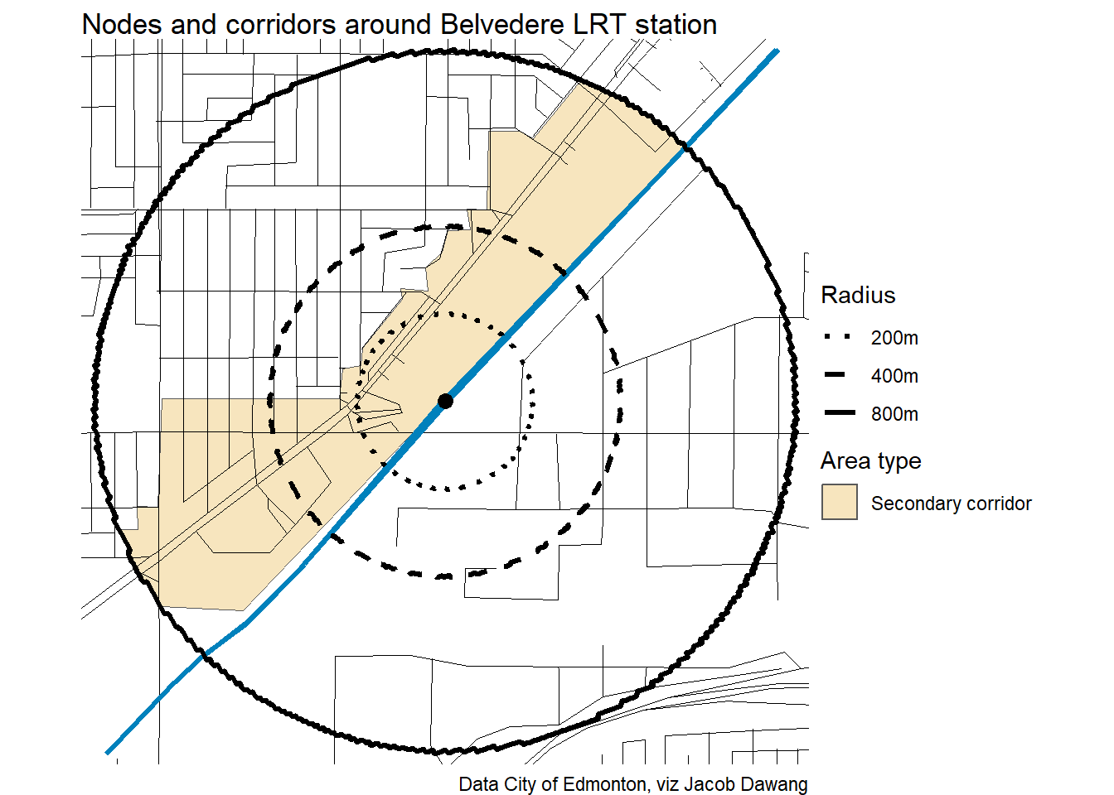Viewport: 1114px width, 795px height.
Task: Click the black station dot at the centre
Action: click(x=445, y=401)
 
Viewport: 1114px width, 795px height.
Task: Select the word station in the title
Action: click(x=676, y=25)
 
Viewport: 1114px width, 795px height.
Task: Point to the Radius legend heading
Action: click(x=858, y=296)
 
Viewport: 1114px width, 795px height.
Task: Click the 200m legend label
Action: click(x=894, y=338)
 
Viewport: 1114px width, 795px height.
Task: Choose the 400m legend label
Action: click(x=894, y=376)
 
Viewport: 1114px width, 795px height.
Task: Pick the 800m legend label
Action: click(x=894, y=414)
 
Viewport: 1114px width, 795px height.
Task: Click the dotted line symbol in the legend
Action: click(x=839, y=337)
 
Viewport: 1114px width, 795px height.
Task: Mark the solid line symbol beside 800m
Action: click(x=839, y=413)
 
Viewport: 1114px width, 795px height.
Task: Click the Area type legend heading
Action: click(x=870, y=461)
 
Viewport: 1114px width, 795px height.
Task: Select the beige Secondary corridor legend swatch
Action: click(x=839, y=503)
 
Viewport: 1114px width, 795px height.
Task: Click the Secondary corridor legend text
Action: click(x=951, y=503)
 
